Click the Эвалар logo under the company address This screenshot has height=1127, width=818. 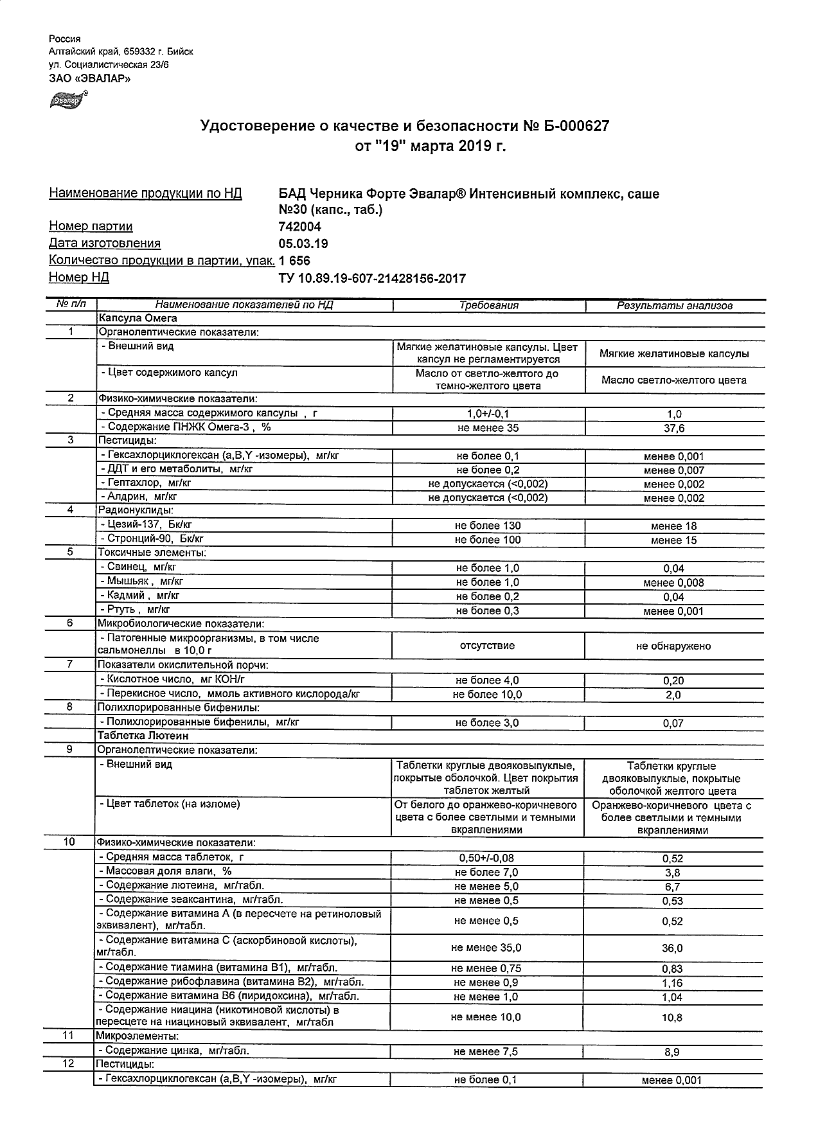pyautogui.click(x=67, y=100)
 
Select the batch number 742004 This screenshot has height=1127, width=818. pyautogui.click(x=299, y=227)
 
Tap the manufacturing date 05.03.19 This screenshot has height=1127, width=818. pyautogui.click(x=303, y=244)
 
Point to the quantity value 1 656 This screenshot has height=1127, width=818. pyautogui.click(x=294, y=261)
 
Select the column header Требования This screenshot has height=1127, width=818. pyautogui.click(x=488, y=306)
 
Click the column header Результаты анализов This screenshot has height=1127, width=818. pyautogui.click(x=674, y=306)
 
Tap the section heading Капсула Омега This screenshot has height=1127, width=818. pyautogui.click(x=137, y=318)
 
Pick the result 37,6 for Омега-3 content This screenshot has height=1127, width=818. pyautogui.click(x=674, y=429)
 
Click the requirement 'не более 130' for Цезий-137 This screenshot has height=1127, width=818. pyautogui.click(x=488, y=526)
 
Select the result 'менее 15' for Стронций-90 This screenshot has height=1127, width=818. pyautogui.click(x=673, y=540)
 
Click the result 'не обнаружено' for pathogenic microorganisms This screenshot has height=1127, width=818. pyautogui.click(x=673, y=646)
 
